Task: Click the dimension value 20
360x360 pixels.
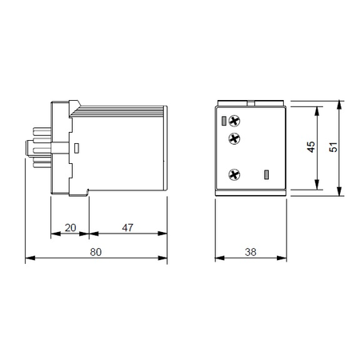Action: point(70,228)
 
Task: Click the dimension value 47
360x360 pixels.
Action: point(127,227)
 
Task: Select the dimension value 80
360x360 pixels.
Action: point(96,252)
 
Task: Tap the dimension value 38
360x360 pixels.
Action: point(250,252)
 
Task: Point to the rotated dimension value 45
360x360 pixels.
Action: point(311,147)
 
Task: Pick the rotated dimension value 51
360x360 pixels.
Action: point(334,147)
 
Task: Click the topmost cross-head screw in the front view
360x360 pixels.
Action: point(234,121)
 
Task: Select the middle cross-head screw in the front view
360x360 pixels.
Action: point(234,138)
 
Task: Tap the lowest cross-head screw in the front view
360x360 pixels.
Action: point(234,175)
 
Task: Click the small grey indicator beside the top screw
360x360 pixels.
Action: point(224,121)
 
